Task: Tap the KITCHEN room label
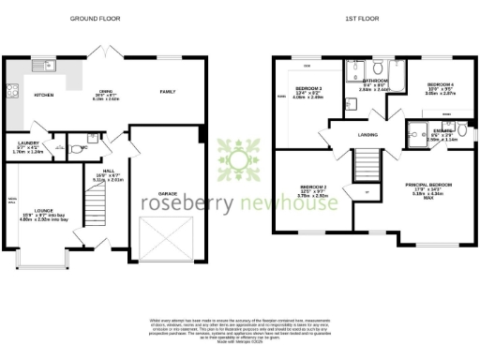44,95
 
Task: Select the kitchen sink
42,67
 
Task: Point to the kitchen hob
13,91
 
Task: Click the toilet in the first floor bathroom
376,69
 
